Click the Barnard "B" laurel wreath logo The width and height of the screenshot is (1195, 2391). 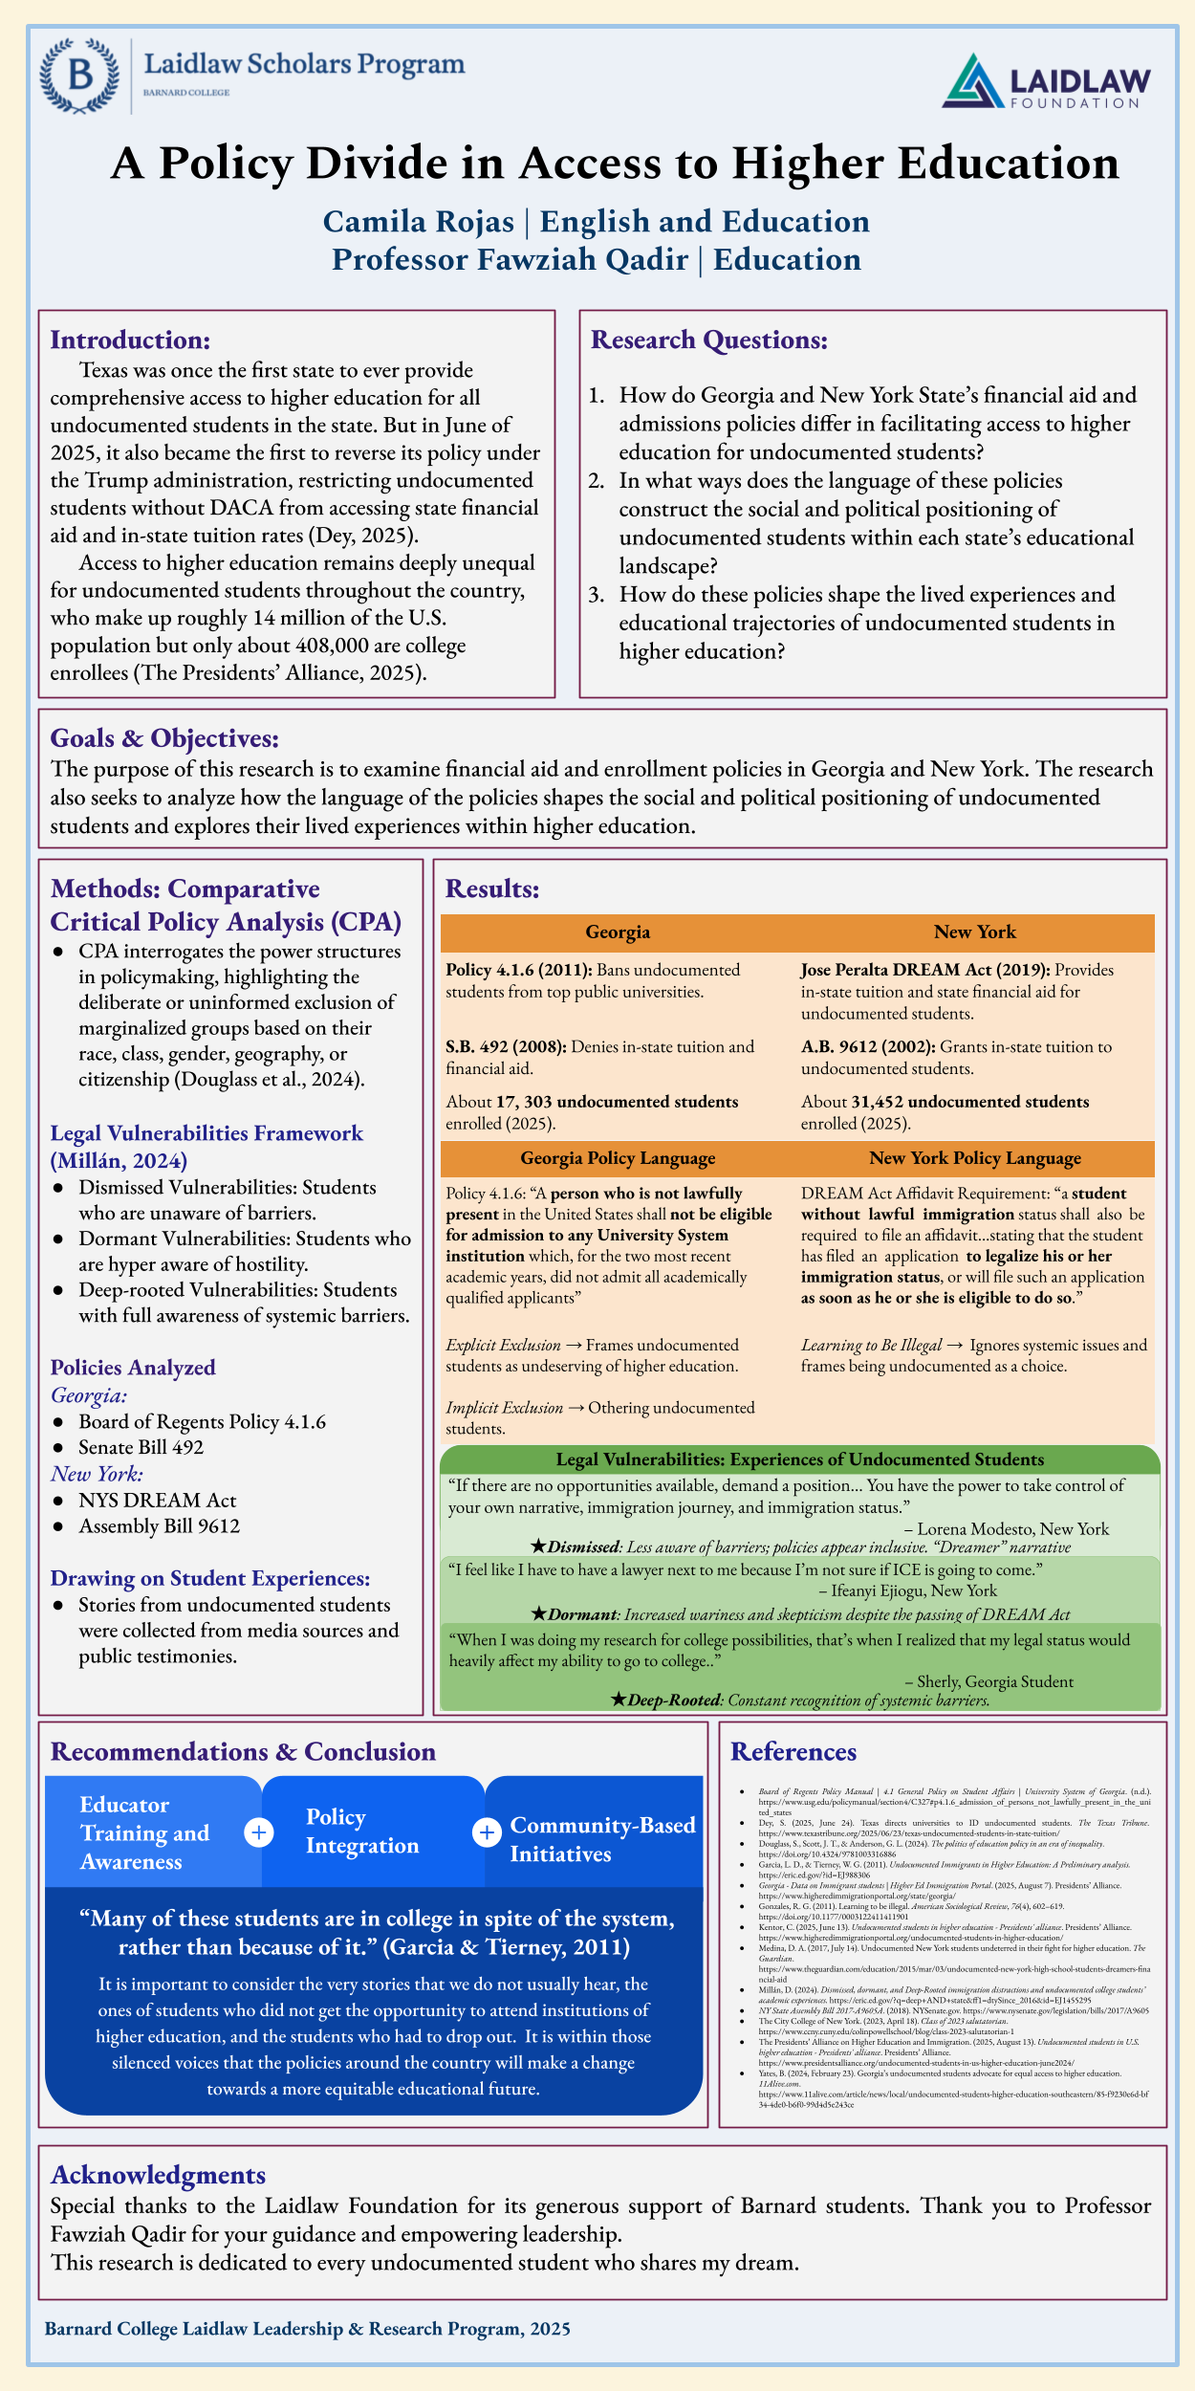(79, 77)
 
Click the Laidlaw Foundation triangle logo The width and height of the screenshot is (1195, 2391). (974, 80)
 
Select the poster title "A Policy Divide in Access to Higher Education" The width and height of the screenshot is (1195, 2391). (615, 164)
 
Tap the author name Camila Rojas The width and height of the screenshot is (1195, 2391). (419, 222)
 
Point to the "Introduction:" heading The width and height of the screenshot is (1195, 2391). (130, 340)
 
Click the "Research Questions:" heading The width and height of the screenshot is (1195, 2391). (708, 340)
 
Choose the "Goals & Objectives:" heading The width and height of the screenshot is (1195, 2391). (164, 737)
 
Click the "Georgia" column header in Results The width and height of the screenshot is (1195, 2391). (618, 932)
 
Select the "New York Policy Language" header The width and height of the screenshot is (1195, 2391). (975, 1157)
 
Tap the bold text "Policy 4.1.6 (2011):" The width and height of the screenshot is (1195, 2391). (519, 970)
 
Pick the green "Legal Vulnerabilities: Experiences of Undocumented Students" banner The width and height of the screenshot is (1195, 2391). (799, 1459)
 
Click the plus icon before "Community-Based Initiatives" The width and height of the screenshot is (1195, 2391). (487, 1832)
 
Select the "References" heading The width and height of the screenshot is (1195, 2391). (793, 1751)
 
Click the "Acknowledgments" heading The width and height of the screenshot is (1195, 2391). (158, 2175)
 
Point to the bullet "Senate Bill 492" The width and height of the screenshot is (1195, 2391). (141, 1447)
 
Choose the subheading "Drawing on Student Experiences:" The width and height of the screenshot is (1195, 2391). (210, 1578)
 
